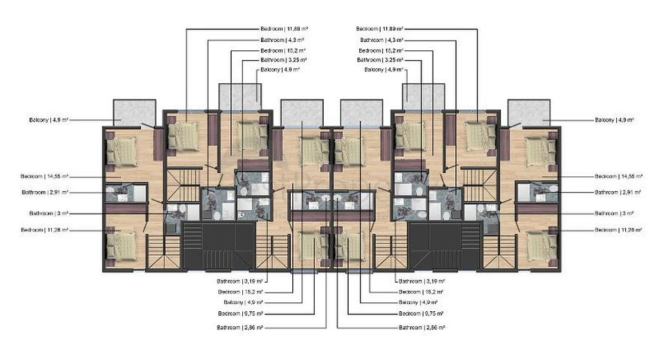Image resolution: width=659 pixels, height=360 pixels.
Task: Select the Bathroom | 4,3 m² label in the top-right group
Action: pos(382,39)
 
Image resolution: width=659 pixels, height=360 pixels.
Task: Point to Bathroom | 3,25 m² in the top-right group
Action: pos(379,59)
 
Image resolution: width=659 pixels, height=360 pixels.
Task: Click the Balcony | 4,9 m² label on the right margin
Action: pos(614,120)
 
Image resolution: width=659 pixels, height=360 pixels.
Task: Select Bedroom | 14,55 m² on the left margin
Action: pos(44,176)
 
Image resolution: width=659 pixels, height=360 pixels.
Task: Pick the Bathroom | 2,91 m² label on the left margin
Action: pos(44,192)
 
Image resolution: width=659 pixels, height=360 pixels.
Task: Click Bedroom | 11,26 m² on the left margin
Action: pos(44,229)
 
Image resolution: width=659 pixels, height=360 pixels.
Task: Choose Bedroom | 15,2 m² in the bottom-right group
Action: pos(421,291)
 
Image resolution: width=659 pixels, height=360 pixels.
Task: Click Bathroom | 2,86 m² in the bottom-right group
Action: pos(422,328)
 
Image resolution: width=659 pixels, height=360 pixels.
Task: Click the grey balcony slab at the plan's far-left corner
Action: pos(133,112)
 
